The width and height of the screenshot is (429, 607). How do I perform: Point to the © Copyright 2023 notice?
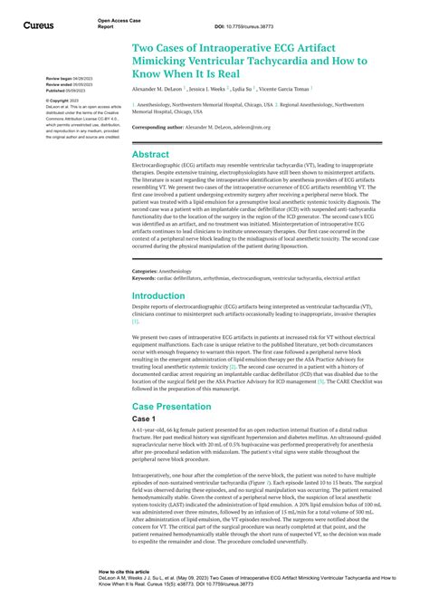pos(63,101)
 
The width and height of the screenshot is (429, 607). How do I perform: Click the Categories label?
pos(145,271)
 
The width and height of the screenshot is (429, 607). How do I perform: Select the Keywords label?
pos(144,279)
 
